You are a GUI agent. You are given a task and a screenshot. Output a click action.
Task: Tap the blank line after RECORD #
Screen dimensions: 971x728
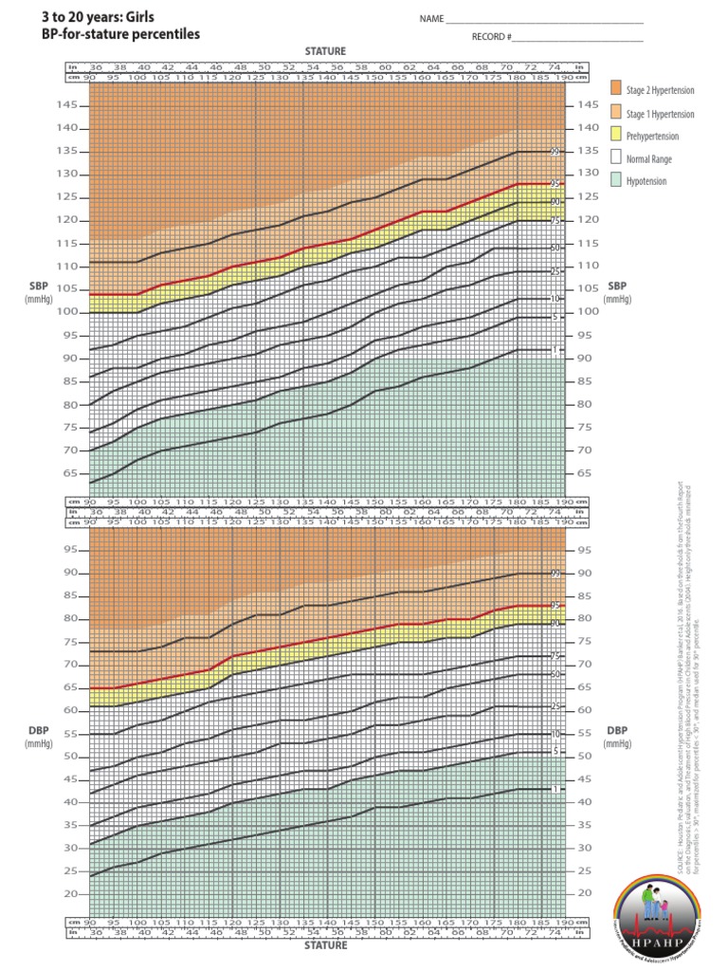[577, 38]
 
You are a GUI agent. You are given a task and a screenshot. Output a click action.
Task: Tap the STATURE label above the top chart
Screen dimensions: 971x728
[325, 50]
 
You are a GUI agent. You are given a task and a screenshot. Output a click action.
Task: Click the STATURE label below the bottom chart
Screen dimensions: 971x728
[325, 944]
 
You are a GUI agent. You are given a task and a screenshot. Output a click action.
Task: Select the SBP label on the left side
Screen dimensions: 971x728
[45, 285]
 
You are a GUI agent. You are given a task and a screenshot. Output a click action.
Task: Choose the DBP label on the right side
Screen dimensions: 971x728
[617, 731]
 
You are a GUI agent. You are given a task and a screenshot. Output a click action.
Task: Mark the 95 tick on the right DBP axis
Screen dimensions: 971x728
[586, 550]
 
